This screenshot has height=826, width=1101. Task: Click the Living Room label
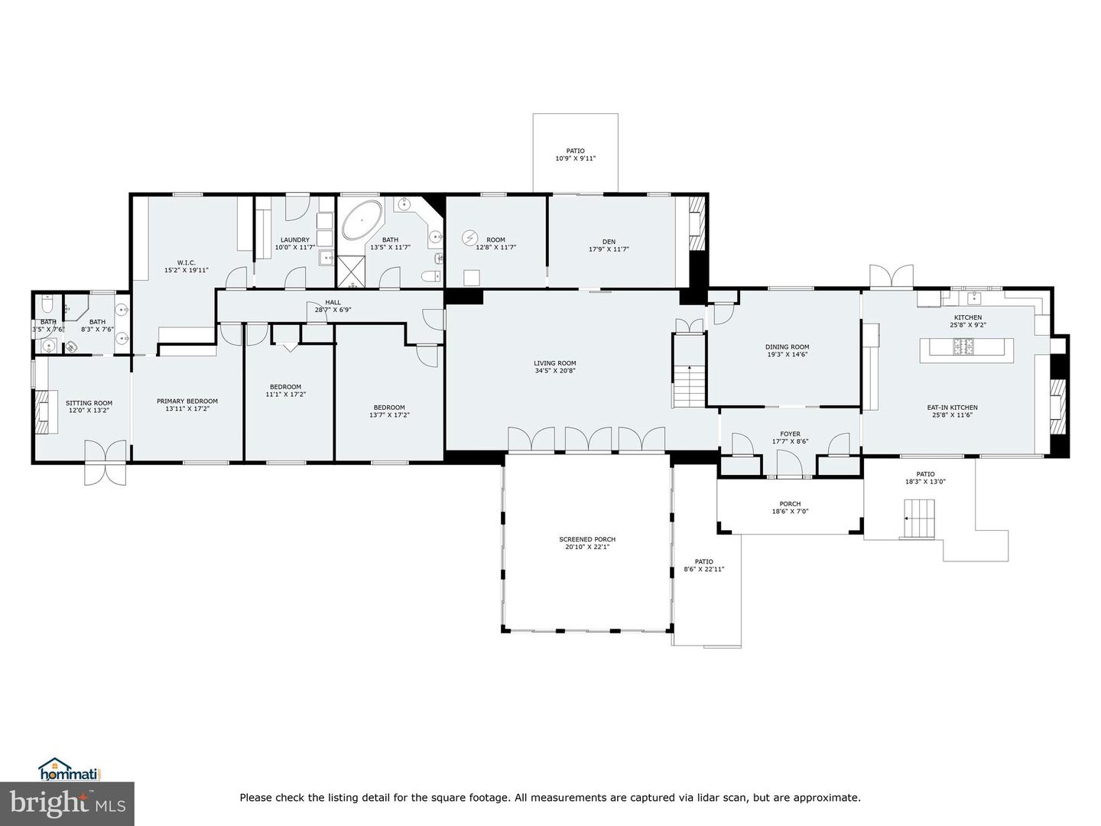[x=555, y=363]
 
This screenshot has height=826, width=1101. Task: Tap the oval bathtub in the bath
[x=362, y=220]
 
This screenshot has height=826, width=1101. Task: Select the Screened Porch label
[x=587, y=539]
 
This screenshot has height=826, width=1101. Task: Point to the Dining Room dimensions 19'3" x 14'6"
[x=787, y=354]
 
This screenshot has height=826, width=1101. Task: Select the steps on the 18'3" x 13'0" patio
[x=919, y=519]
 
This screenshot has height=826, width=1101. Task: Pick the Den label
[x=609, y=241]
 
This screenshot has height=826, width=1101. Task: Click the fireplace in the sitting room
[x=42, y=411]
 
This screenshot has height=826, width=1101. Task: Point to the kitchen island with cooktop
[x=966, y=350]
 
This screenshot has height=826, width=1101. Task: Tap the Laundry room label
[x=295, y=239]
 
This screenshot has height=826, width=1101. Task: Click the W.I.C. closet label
[x=186, y=262]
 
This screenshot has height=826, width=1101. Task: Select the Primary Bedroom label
[x=187, y=401]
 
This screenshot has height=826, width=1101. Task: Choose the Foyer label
[x=790, y=434]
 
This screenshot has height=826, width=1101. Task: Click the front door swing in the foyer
[x=790, y=463]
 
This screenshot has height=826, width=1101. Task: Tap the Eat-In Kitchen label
[x=952, y=407]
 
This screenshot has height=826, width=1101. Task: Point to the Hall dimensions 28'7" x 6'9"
[x=333, y=310]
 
